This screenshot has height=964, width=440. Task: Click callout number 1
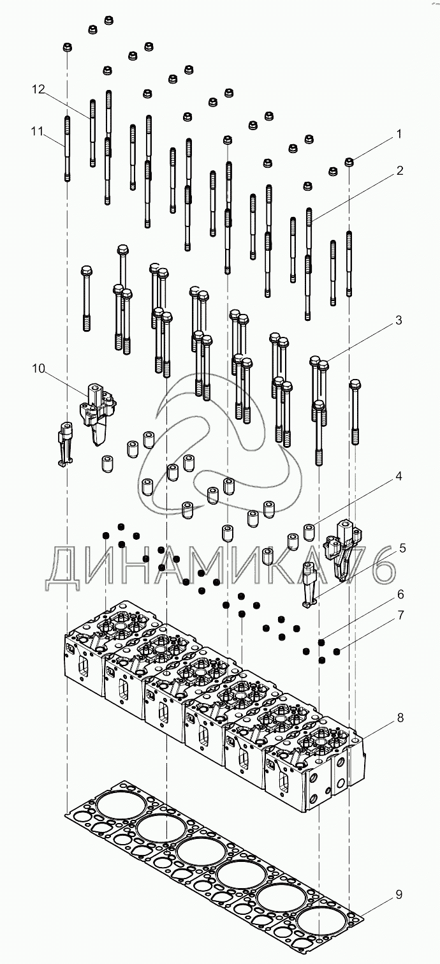pyautogui.click(x=399, y=135)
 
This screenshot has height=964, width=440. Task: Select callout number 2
pyautogui.click(x=399, y=170)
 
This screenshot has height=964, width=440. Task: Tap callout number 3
pyautogui.click(x=399, y=321)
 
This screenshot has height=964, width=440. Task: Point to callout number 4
pyautogui.click(x=399, y=476)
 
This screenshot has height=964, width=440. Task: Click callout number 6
pyautogui.click(x=400, y=594)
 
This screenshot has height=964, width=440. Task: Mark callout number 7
pyautogui.click(x=400, y=616)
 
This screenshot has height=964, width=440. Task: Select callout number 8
pyautogui.click(x=400, y=718)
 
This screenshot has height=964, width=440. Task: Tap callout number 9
pyautogui.click(x=399, y=894)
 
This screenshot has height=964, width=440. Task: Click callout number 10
pyautogui.click(x=39, y=368)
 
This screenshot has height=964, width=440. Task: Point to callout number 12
pyautogui.click(x=39, y=90)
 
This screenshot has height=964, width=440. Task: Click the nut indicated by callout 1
pyautogui.click(x=349, y=161)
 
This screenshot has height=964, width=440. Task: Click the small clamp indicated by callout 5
pyautogui.click(x=310, y=584)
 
